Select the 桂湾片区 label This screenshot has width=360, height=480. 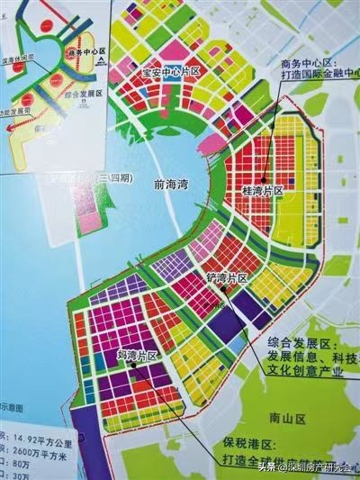tap(264, 192)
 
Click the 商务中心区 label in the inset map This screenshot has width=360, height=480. tap(74, 53)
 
